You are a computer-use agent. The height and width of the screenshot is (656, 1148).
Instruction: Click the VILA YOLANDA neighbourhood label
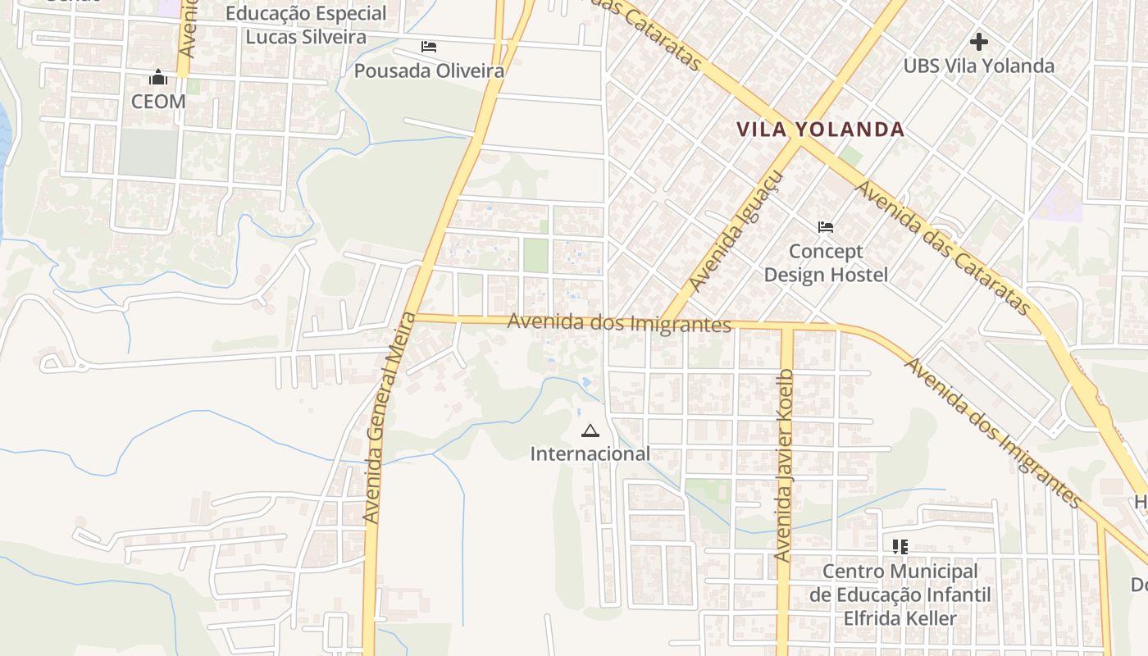pos(820,130)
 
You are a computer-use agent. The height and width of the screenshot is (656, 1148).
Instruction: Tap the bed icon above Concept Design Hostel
pos(826,226)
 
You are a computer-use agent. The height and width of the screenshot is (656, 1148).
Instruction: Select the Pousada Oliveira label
pos(429,71)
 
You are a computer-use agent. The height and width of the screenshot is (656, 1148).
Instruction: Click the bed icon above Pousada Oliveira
pos(429,47)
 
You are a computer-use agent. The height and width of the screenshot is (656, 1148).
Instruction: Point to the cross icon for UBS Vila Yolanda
pos(978,41)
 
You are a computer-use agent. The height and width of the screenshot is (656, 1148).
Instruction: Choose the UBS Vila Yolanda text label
pos(978,66)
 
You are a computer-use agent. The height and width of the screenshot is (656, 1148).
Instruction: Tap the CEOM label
pos(158,102)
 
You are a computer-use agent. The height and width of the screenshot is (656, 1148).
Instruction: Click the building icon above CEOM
pos(158,78)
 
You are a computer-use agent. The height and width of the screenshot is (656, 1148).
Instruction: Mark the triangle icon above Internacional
pos(590,430)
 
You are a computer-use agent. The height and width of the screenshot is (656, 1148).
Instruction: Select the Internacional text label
pos(590,453)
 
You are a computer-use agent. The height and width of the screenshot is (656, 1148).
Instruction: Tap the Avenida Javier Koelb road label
pos(785,466)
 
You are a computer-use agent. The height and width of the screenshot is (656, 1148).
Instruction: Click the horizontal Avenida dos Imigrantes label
pos(619,322)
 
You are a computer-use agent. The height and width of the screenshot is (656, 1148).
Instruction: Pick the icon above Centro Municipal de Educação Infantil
pos(900,546)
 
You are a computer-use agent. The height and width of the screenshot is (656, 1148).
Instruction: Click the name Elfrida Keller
pos(900,618)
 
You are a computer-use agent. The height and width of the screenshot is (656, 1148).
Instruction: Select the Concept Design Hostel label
pos(826,263)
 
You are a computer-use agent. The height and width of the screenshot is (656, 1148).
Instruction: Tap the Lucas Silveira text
pos(306,37)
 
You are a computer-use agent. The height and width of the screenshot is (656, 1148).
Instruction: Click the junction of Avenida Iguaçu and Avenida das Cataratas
pos(798,143)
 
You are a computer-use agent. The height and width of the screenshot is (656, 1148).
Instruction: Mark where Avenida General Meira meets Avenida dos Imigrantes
pos(413,317)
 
